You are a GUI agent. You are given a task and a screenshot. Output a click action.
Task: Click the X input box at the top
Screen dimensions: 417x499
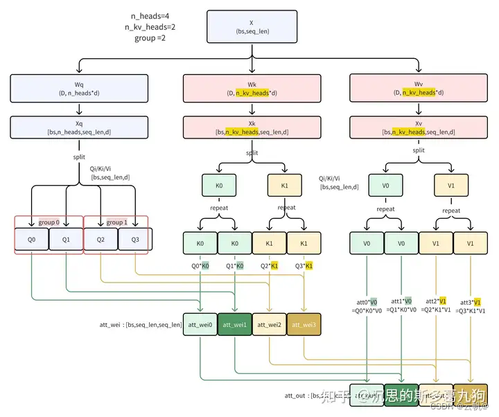pos(250,26)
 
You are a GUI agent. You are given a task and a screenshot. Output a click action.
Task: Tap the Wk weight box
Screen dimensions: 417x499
pos(252,88)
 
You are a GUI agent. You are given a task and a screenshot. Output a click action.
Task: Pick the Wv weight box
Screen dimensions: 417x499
pos(419,88)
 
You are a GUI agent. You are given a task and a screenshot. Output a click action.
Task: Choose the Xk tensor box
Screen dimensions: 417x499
pos(252,126)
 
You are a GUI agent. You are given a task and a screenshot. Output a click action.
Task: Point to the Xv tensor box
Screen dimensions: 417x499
pos(419,126)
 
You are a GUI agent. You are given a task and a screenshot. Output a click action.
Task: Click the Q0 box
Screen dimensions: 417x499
pos(32,239)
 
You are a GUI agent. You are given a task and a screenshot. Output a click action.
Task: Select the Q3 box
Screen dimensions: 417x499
pos(135,239)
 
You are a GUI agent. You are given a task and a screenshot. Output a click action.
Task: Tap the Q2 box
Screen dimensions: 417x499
pos(100,239)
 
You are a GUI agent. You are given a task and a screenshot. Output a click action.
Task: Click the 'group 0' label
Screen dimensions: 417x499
pos(49,222)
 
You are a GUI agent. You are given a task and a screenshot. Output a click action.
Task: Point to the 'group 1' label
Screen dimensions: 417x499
pos(116,222)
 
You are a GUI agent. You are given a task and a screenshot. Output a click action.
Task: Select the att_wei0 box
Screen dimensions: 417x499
pos(200,324)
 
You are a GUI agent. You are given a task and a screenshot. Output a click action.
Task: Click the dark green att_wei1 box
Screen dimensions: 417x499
pos(234,324)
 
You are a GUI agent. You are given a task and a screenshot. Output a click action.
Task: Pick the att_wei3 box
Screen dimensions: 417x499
pos(304,324)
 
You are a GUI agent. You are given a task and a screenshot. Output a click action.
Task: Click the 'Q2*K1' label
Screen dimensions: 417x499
pos(268,265)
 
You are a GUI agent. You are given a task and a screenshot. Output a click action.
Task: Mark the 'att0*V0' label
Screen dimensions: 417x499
pos(367,301)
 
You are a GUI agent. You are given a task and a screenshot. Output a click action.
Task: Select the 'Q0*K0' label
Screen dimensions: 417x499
pos(200,265)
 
